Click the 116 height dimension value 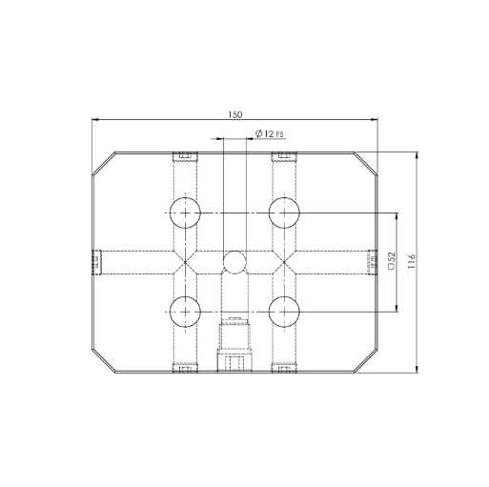click(x=411, y=259)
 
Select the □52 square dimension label click(x=392, y=260)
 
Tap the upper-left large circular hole click(x=184, y=213)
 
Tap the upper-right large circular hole click(x=283, y=213)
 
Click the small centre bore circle click(x=234, y=261)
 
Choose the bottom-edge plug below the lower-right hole click(x=283, y=367)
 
